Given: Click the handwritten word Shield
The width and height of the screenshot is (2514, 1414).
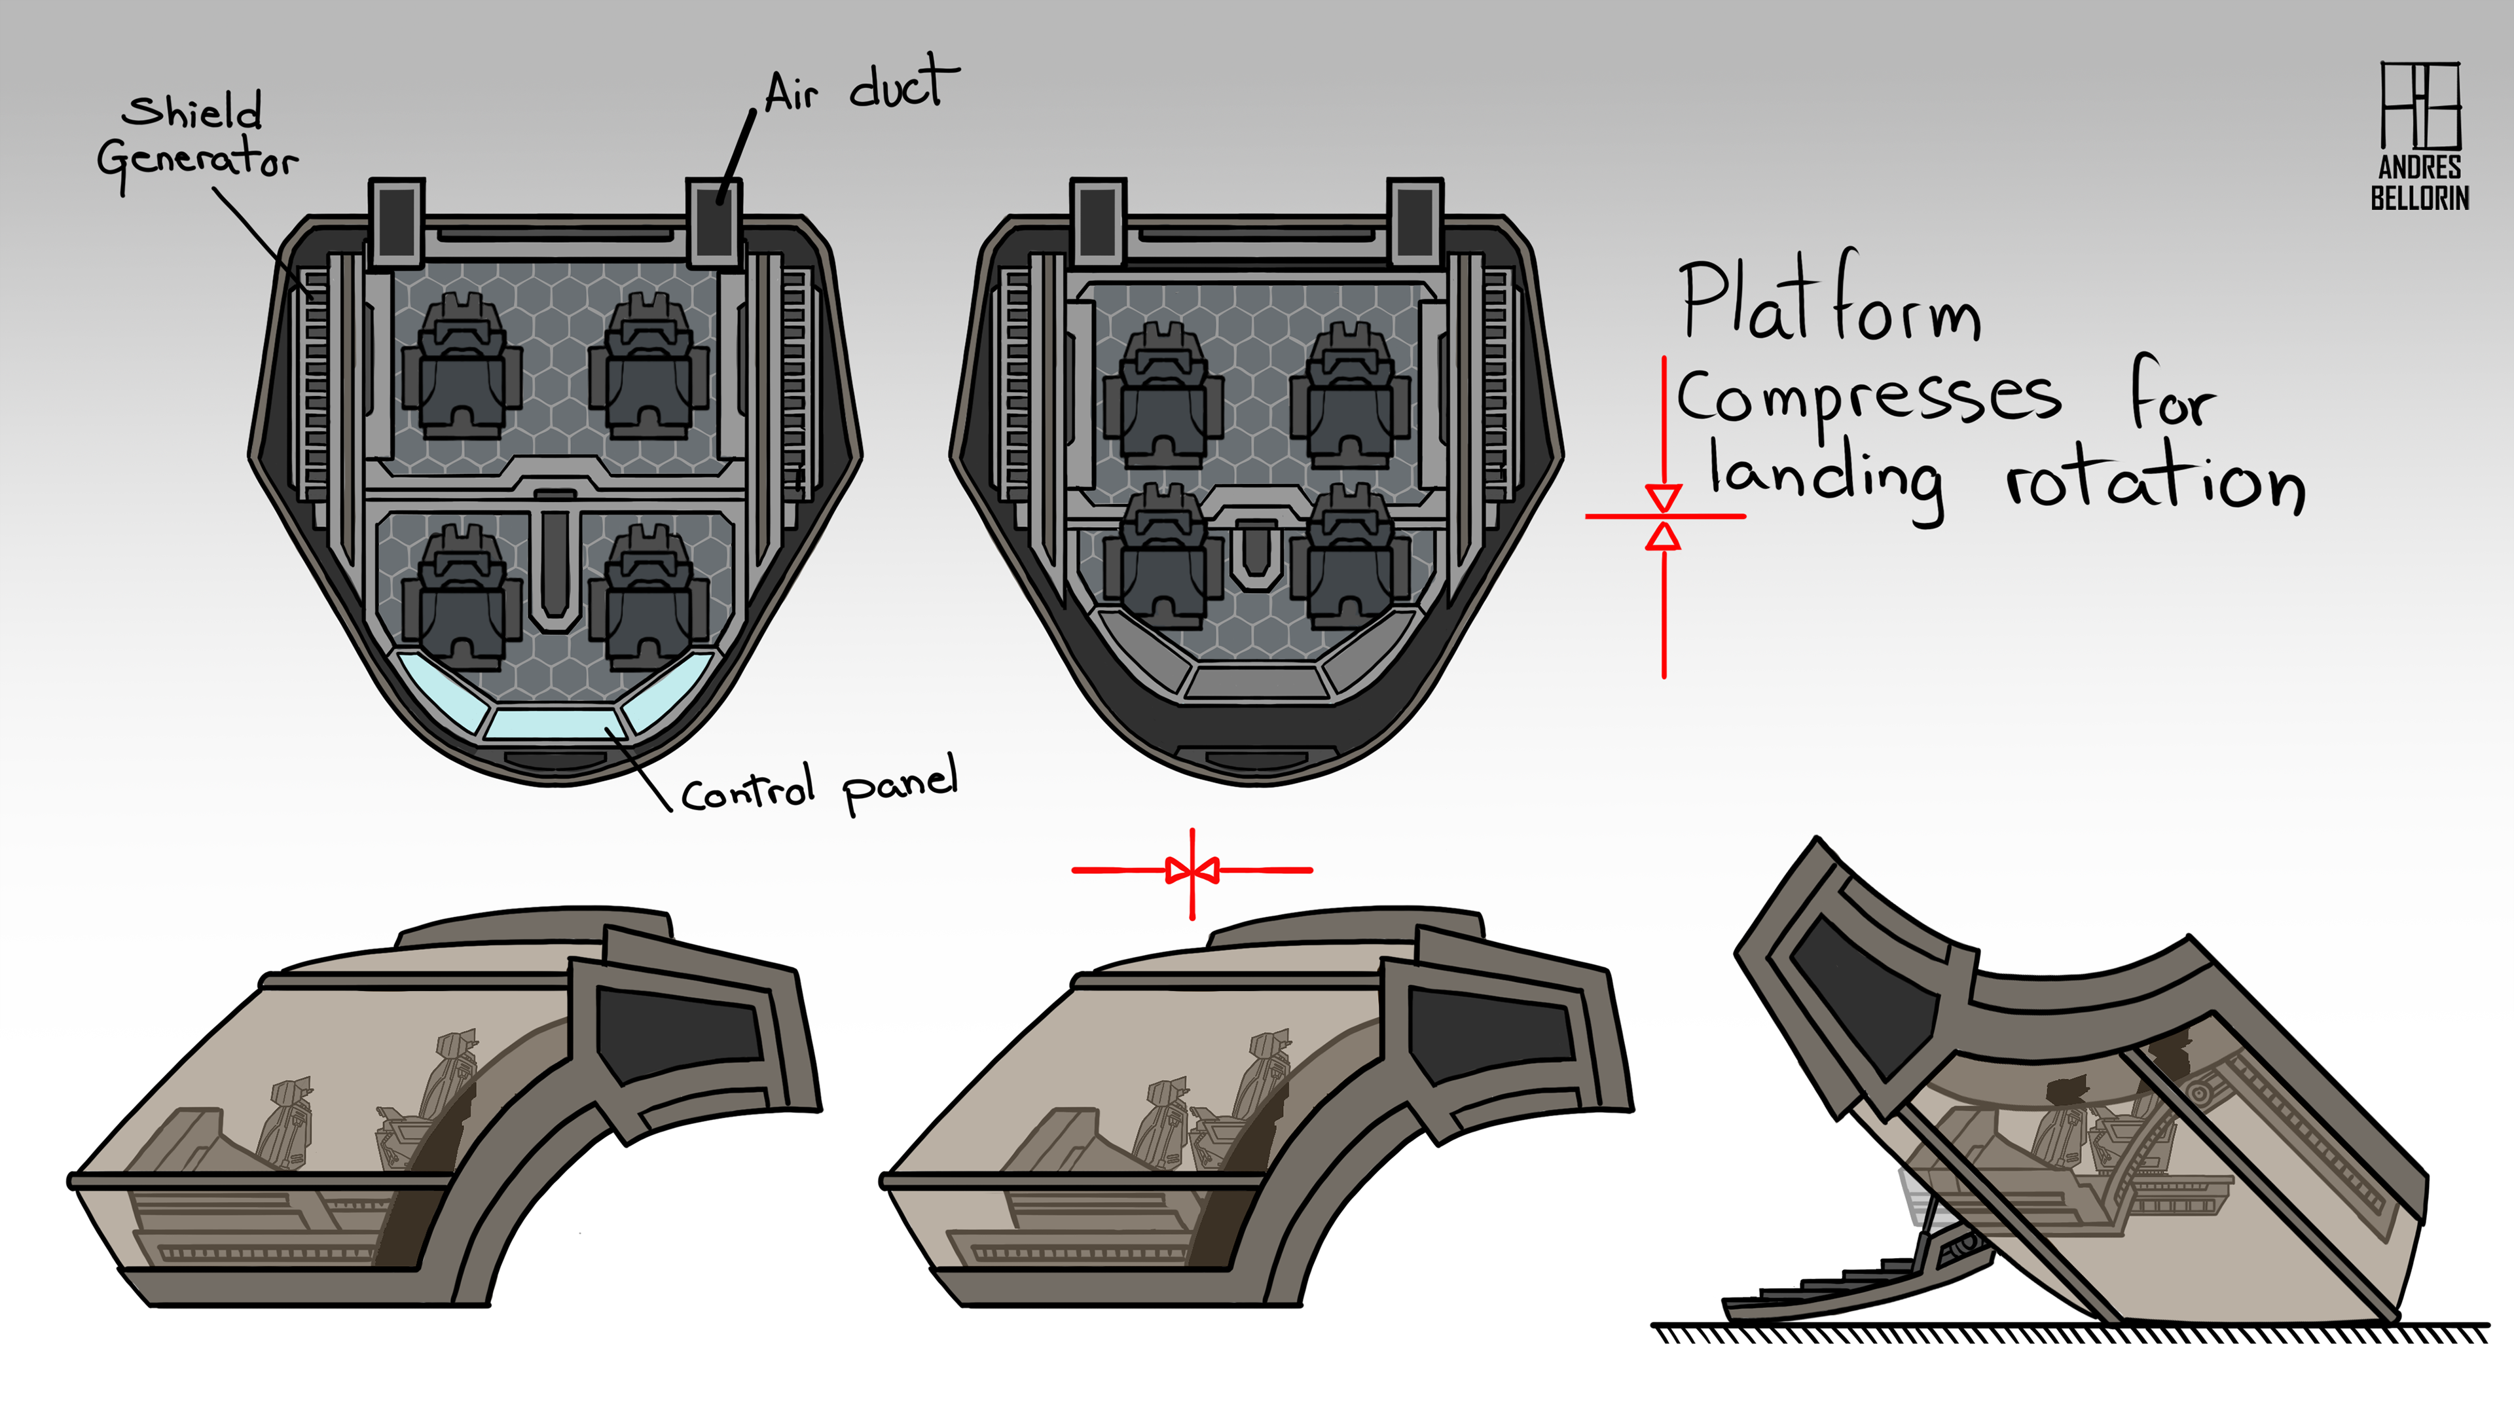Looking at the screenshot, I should (193, 111).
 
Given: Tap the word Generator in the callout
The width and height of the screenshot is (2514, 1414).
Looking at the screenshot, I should (198, 160).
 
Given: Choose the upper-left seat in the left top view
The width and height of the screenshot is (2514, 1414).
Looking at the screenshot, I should (462, 366).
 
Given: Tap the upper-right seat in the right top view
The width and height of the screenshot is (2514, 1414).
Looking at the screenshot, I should (1351, 395).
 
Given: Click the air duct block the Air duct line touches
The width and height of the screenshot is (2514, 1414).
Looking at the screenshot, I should (714, 223).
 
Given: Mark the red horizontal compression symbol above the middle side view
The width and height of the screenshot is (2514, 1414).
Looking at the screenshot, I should (1192, 871).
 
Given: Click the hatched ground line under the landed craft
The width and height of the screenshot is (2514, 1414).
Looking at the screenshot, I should (2069, 1333).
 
